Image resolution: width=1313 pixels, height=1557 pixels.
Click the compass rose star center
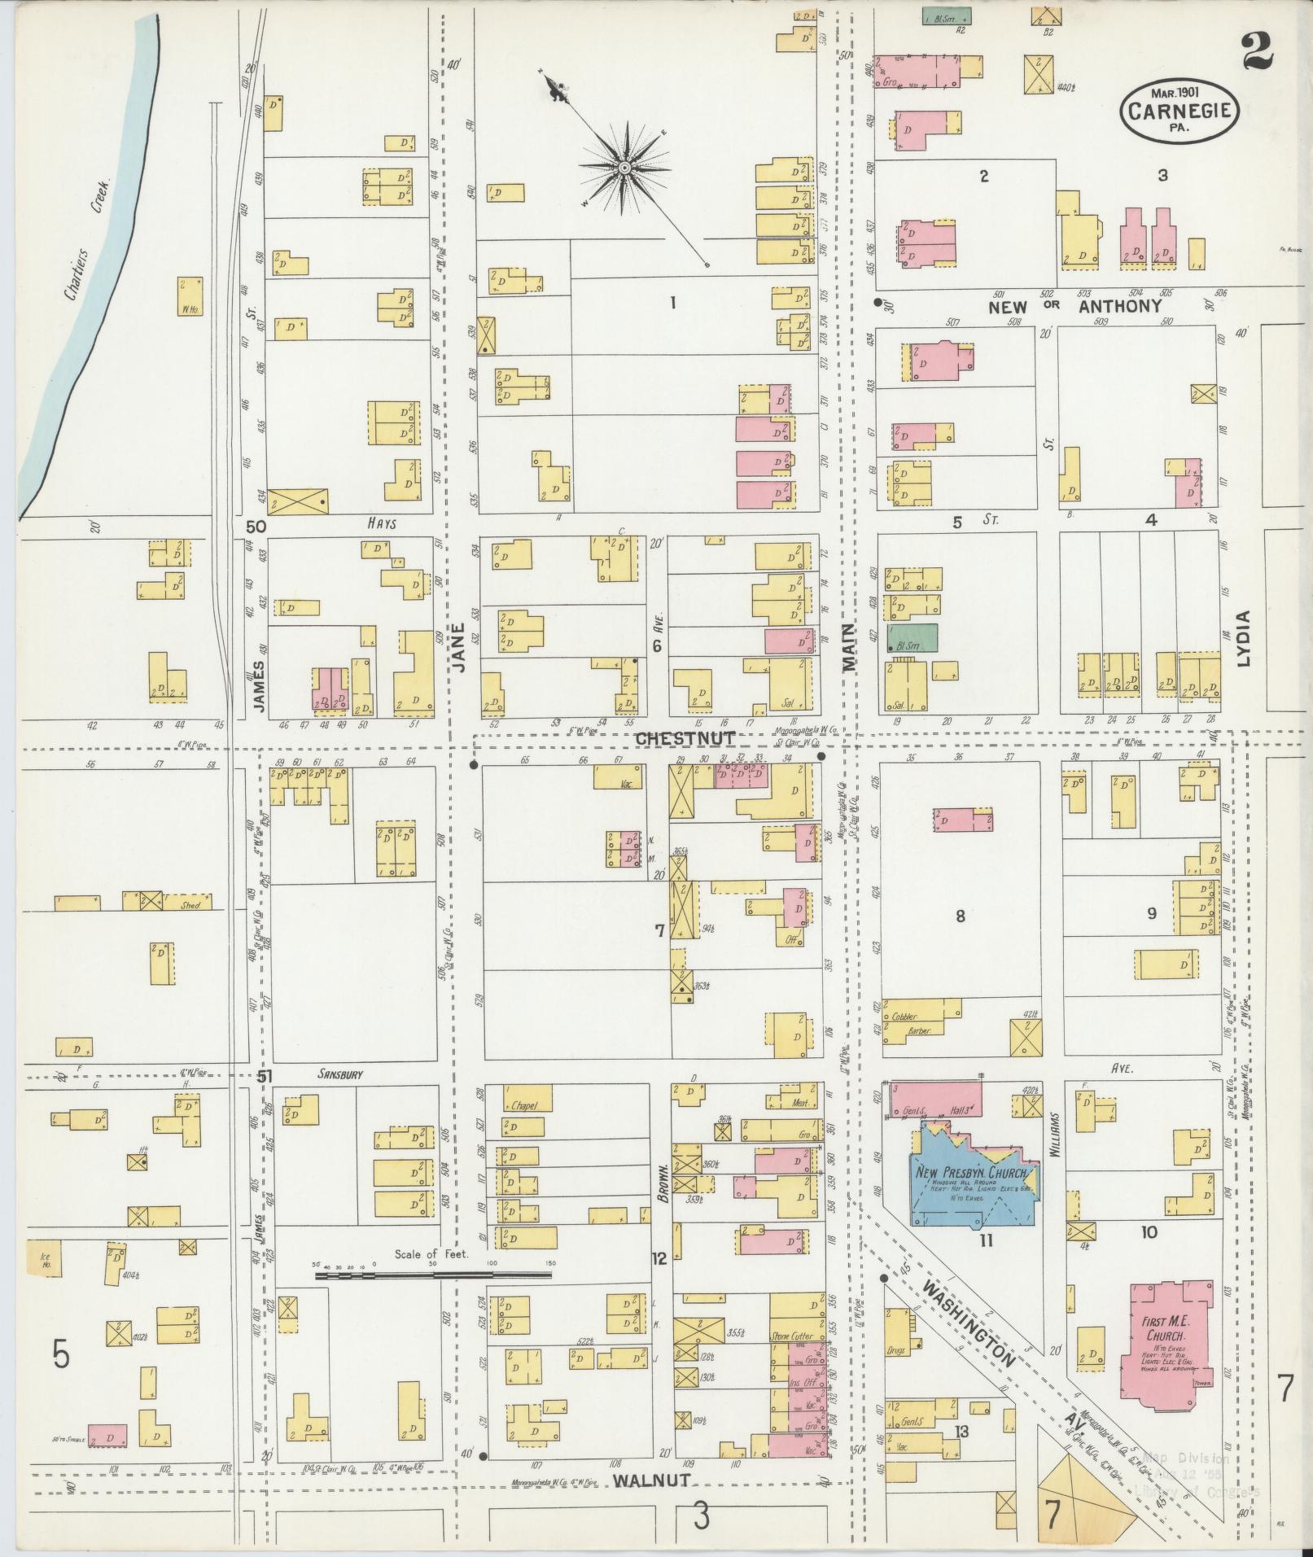[x=624, y=168]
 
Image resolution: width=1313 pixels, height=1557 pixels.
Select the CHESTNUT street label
[x=685, y=738]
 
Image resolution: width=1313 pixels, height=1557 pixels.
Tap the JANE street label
[x=460, y=647]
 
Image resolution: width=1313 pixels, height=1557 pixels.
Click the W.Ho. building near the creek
[x=190, y=296]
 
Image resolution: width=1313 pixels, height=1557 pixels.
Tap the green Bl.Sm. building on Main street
[x=912, y=637]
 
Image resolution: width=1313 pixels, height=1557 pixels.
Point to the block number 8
[x=960, y=916]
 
